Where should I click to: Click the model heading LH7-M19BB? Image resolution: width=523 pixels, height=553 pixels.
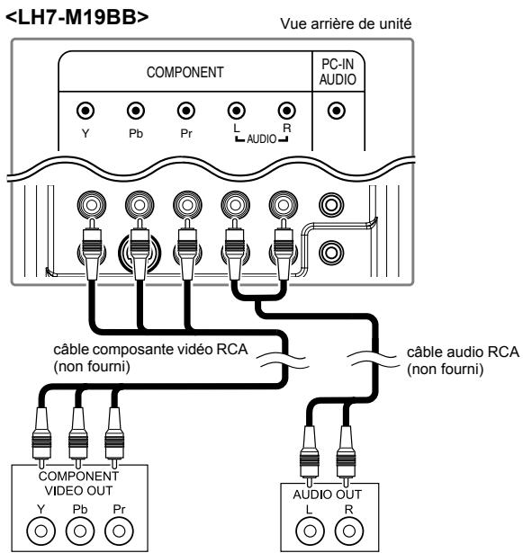click(x=77, y=17)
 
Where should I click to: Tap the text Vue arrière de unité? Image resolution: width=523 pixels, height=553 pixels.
click(x=346, y=24)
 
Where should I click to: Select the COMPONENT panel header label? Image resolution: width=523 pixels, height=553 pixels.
click(x=185, y=72)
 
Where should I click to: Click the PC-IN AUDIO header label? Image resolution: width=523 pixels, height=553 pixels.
click(x=338, y=72)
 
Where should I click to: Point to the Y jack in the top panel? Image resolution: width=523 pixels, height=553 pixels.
click(x=86, y=111)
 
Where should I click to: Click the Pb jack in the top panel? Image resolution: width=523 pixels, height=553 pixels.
click(x=136, y=111)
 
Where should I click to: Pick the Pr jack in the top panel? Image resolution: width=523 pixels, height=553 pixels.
click(x=186, y=111)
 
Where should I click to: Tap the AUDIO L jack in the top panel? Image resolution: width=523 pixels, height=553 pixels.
click(x=237, y=111)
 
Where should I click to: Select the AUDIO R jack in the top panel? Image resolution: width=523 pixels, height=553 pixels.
click(x=287, y=111)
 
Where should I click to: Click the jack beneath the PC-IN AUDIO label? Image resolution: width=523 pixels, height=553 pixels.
click(x=336, y=111)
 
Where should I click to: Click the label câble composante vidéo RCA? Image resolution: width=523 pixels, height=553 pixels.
click(x=151, y=350)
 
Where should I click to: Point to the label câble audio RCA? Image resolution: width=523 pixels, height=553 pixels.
click(x=463, y=352)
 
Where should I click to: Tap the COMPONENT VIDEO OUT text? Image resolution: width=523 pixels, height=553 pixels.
click(x=78, y=483)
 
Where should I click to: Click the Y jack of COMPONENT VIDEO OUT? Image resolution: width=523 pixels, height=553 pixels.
click(x=41, y=531)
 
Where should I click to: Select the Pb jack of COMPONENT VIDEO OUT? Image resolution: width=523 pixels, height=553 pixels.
click(x=80, y=531)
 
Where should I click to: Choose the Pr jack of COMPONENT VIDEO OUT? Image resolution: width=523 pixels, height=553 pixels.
click(x=119, y=531)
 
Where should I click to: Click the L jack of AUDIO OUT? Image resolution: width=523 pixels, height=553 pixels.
click(x=310, y=531)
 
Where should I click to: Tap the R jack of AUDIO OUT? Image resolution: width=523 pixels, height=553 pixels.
click(x=349, y=531)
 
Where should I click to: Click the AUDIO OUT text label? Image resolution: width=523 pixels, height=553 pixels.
click(x=327, y=495)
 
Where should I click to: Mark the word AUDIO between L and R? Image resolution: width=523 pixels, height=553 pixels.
click(x=262, y=139)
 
